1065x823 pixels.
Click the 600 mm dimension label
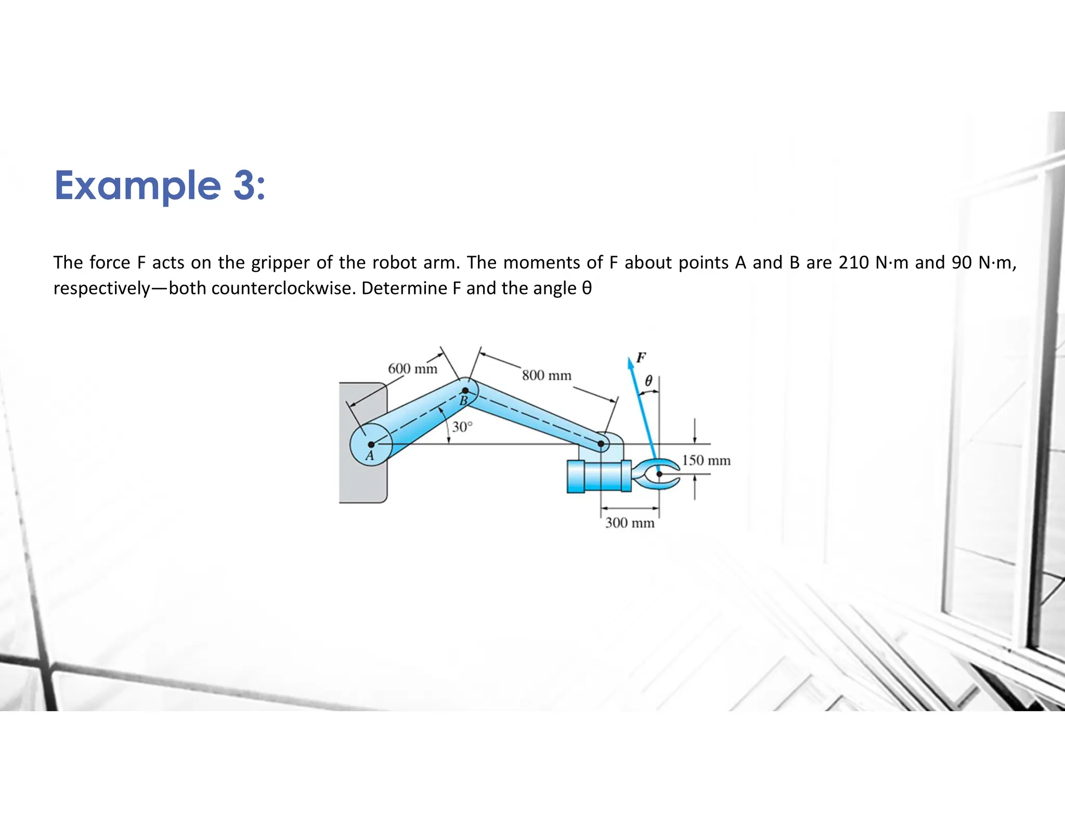412,369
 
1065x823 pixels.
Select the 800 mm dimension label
547,375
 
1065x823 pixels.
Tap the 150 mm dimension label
706,460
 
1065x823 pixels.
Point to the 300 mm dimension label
629,523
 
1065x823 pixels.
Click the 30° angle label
462,427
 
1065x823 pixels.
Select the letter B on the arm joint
463,401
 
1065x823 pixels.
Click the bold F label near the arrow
641,357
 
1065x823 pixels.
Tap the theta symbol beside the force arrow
648,381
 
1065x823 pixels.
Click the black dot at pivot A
371,444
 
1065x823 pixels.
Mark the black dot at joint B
465,390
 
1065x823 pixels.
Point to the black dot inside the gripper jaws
659,474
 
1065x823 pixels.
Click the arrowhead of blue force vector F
631,363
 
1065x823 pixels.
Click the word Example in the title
138,186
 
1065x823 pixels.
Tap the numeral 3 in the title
244,186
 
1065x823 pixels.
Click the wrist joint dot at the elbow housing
601,444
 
